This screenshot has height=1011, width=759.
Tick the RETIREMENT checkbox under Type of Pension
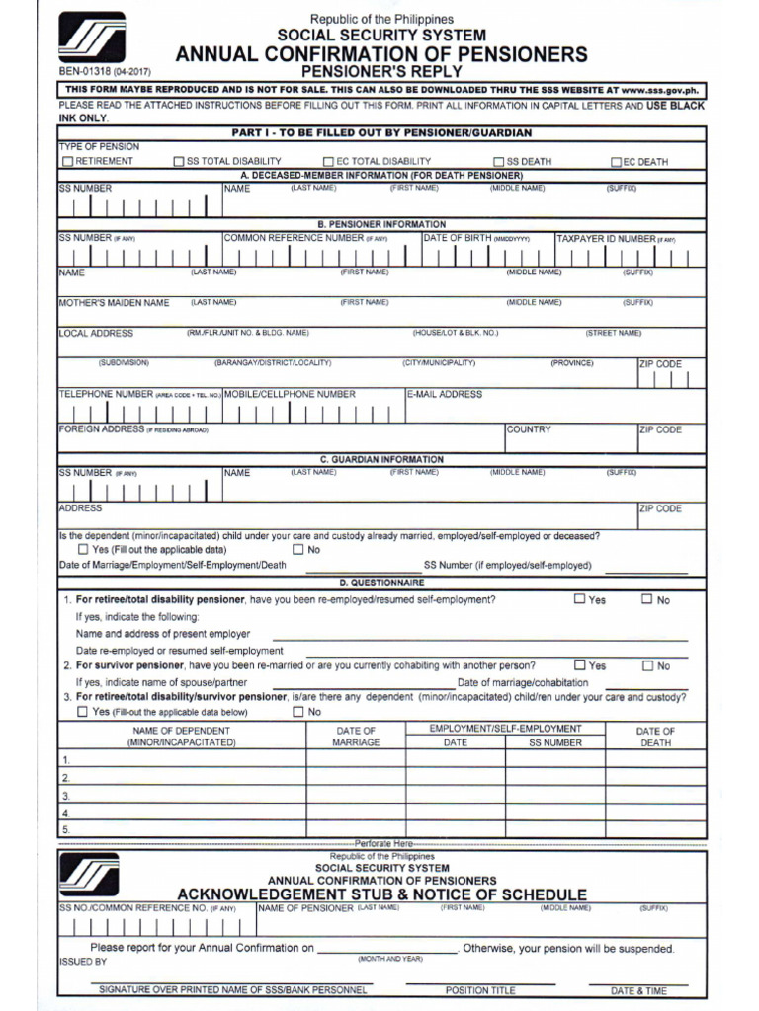pyautogui.click(x=67, y=162)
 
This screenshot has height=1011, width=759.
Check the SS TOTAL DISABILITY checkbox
pyautogui.click(x=179, y=162)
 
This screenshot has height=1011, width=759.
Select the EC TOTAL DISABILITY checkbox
pyautogui.click(x=328, y=162)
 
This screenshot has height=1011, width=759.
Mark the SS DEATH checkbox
pyautogui.click(x=499, y=162)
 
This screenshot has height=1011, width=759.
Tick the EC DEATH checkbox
pyautogui.click(x=616, y=162)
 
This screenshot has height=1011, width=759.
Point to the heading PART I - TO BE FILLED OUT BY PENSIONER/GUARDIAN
pyautogui.click(x=380, y=132)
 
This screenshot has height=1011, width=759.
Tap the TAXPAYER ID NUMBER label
pyautogui.click(x=606, y=238)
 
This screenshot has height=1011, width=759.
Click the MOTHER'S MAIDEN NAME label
pyautogui.click(x=114, y=303)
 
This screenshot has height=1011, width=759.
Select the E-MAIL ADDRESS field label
pyautogui.click(x=445, y=394)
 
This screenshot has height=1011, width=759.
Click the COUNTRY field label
pyautogui.click(x=529, y=429)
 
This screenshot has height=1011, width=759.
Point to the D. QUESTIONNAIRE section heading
pyautogui.click(x=380, y=583)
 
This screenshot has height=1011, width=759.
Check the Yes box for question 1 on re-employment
pyautogui.click(x=579, y=598)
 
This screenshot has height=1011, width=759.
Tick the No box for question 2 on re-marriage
pyautogui.click(x=647, y=665)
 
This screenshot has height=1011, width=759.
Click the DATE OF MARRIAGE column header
pyautogui.click(x=356, y=737)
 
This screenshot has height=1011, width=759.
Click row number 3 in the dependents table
pyautogui.click(x=66, y=795)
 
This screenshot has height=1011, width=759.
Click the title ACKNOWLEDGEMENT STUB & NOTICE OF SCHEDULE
pyautogui.click(x=380, y=894)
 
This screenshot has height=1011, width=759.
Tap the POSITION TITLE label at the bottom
pyautogui.click(x=480, y=990)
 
